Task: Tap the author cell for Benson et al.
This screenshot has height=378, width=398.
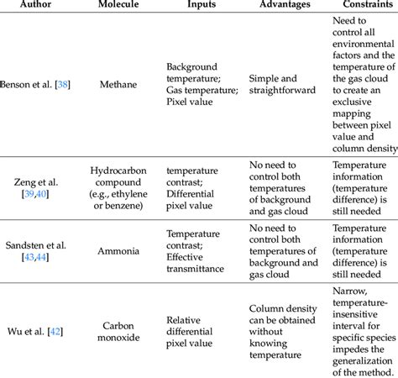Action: [34, 85]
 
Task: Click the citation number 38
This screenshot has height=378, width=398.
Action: [62, 85]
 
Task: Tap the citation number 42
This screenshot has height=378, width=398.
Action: [60, 331]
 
